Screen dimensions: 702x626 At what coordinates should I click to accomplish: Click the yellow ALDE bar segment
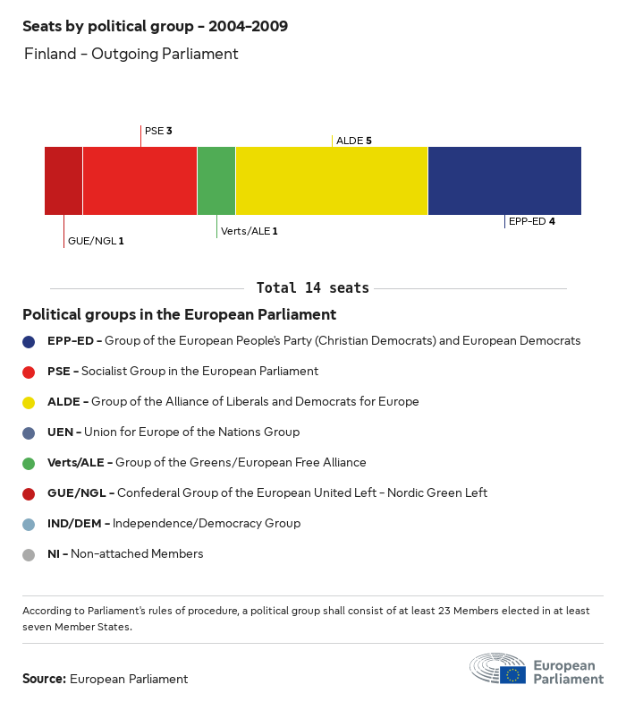[332, 181]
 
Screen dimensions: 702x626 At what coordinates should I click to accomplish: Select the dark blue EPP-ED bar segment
[504, 181]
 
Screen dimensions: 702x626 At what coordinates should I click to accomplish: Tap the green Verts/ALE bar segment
[216, 181]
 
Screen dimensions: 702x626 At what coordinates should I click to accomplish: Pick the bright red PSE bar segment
[140, 181]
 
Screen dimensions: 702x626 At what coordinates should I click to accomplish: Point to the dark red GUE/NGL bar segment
[63, 181]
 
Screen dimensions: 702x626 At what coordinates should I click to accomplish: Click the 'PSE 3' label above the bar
[158, 131]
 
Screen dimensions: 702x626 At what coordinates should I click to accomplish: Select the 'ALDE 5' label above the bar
[353, 141]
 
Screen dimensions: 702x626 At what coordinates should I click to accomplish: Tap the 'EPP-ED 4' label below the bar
[532, 221]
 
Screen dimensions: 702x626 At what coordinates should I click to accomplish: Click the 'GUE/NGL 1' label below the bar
[96, 241]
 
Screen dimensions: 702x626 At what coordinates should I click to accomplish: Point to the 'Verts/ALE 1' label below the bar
[249, 231]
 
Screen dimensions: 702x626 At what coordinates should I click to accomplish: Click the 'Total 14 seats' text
[312, 288]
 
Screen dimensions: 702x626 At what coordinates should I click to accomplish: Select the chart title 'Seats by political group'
[155, 26]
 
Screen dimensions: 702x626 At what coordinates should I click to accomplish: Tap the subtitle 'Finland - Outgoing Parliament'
[131, 54]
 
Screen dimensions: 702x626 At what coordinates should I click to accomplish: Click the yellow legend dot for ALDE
[29, 402]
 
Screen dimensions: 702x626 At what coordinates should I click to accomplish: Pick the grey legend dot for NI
[29, 554]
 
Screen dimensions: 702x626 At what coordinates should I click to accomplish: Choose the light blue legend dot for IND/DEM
[29, 524]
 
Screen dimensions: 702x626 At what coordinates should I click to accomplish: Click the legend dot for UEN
[29, 432]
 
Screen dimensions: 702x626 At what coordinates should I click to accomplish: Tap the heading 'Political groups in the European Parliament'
[179, 314]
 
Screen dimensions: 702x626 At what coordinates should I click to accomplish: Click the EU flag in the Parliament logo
[512, 674]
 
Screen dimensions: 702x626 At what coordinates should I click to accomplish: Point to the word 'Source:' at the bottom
[44, 679]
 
